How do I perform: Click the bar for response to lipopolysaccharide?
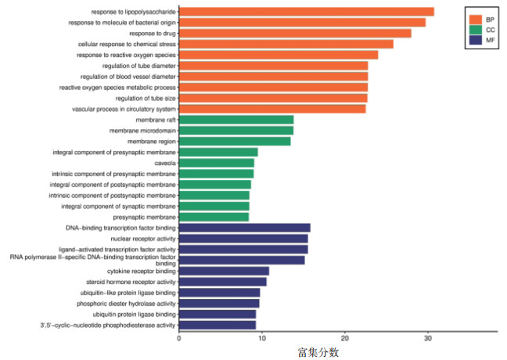307,12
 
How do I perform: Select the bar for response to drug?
295,34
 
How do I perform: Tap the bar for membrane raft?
236,120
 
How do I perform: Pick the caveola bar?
217,163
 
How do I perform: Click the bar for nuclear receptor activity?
243,239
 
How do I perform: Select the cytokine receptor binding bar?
224,271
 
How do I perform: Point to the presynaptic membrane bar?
214,217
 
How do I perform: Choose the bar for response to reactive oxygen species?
279,55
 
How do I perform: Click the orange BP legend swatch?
476,20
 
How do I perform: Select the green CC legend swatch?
476,30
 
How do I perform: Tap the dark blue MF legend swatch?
476,40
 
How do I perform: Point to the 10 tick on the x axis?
262,333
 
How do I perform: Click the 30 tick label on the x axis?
428,339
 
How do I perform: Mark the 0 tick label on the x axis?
179,339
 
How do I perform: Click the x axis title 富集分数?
318,352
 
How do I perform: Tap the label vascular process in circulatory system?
124,110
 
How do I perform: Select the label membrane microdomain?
142,131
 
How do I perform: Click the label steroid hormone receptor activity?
131,282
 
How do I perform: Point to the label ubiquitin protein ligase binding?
135,315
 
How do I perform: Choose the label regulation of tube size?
146,99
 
